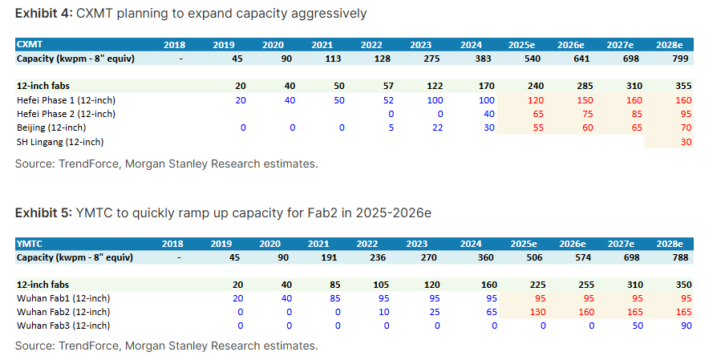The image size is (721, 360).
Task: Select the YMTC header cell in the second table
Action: (x=29, y=243)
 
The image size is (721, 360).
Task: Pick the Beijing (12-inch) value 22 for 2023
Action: (x=436, y=127)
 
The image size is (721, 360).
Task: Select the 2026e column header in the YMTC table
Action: (x=571, y=243)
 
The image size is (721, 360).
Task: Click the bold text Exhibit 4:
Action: (x=43, y=13)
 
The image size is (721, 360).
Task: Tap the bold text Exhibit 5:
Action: (x=43, y=212)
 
